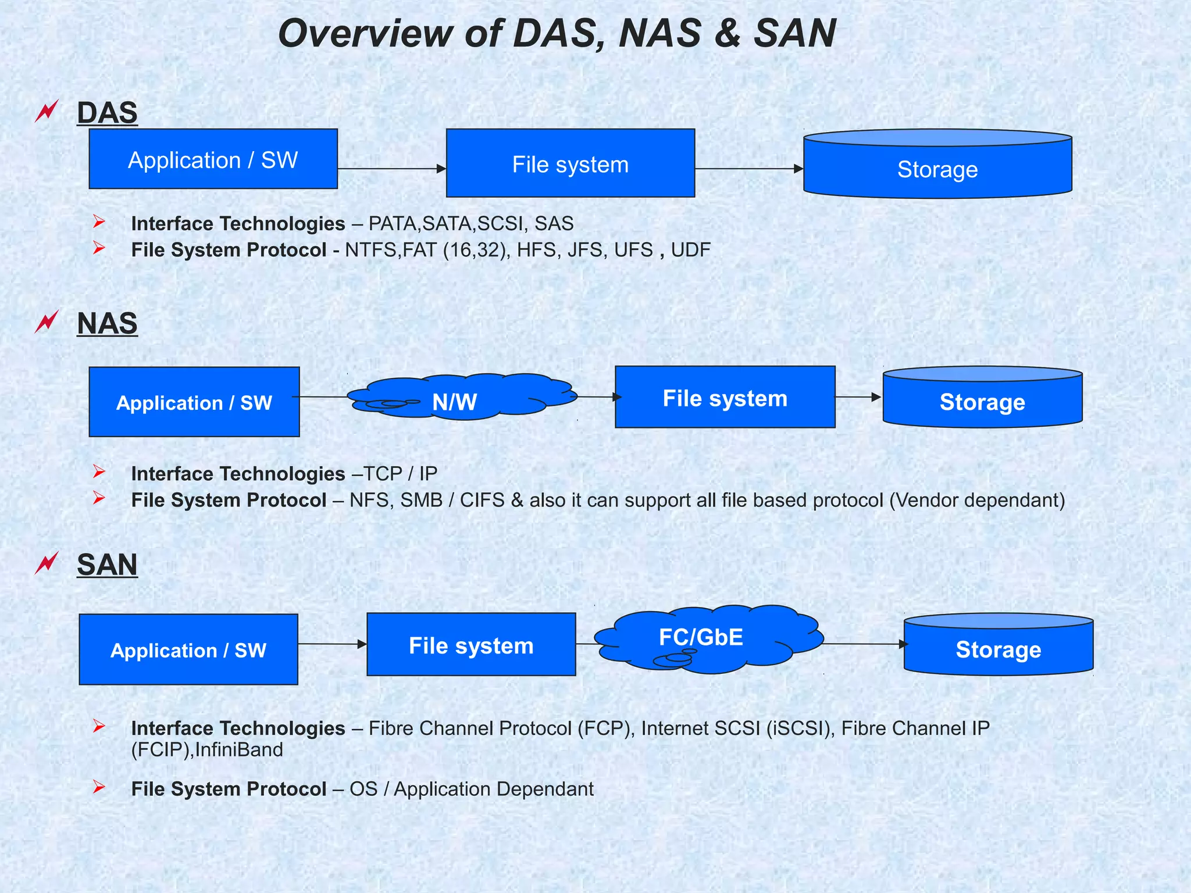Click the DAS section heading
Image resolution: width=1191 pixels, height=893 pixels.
pyautogui.click(x=107, y=113)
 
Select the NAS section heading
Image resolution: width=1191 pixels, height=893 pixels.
pyautogui.click(x=107, y=323)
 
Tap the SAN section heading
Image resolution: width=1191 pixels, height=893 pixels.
pyautogui.click(x=107, y=565)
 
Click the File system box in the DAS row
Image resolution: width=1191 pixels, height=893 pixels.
pyautogui.click(x=570, y=163)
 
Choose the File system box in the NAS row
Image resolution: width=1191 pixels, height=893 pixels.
pyautogui.click(x=725, y=398)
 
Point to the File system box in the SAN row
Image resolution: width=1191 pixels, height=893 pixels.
pyautogui.click(x=471, y=645)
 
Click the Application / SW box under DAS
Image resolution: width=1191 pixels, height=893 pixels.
pyautogui.click(x=213, y=159)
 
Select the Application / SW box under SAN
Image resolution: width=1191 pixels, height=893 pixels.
pyautogui.click(x=188, y=649)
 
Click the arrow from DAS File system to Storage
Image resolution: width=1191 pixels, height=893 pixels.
pyautogui.click(x=749, y=169)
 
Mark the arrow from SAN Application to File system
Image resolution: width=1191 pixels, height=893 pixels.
pyautogui.click(x=332, y=644)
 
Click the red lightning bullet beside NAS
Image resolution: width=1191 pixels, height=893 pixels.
pyautogui.click(x=47, y=321)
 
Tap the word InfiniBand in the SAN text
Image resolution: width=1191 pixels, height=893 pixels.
pyautogui.click(x=239, y=750)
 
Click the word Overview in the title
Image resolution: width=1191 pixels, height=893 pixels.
pyautogui.click(x=365, y=34)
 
